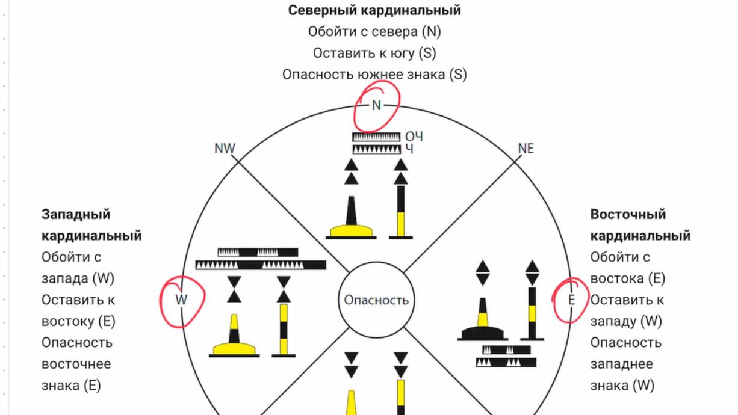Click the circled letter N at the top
click(x=376, y=105)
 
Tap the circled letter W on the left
click(x=181, y=300)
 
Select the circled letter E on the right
click(x=571, y=300)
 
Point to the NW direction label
click(x=225, y=149)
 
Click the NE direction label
click(x=526, y=149)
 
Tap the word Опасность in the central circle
click(x=376, y=300)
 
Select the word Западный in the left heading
click(x=76, y=214)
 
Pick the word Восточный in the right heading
click(x=628, y=214)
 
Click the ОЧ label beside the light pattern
click(x=414, y=137)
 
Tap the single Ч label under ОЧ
click(x=409, y=149)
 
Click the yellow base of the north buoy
click(x=351, y=230)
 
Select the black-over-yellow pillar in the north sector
click(x=401, y=211)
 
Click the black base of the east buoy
click(x=483, y=333)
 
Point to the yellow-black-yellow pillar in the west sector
click(x=284, y=329)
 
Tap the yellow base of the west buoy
click(x=234, y=348)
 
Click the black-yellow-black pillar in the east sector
click(x=532, y=313)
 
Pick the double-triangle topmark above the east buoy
click(x=483, y=273)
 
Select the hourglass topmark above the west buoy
click(x=234, y=289)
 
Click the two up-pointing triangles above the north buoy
click(x=351, y=171)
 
